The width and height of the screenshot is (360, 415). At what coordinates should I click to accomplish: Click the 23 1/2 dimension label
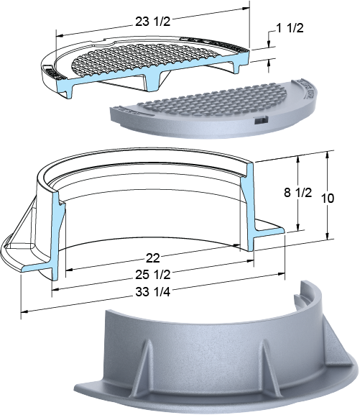(153, 22)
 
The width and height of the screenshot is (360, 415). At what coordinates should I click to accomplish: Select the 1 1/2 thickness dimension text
(290, 28)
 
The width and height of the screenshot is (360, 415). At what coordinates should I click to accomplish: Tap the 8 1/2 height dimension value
(297, 193)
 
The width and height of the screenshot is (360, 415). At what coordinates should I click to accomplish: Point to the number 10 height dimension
(328, 199)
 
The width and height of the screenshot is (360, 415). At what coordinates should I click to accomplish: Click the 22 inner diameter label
(153, 258)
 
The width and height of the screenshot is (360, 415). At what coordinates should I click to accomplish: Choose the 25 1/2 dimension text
(153, 275)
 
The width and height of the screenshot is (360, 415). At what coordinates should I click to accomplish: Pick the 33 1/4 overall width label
(153, 292)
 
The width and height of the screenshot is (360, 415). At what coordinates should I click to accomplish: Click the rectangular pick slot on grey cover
(261, 120)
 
